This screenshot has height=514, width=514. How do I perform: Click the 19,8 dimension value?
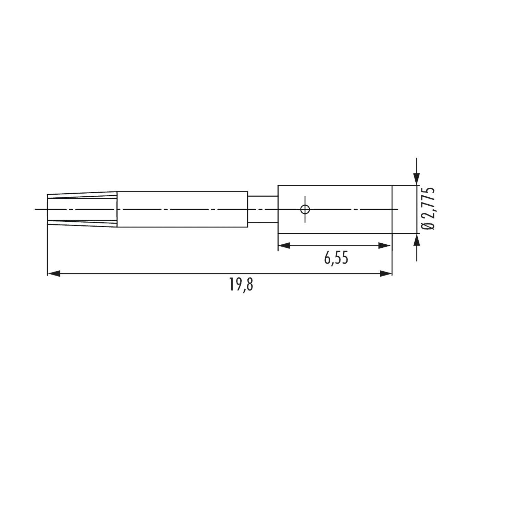[241, 284]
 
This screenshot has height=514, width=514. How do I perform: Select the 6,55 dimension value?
[336, 258]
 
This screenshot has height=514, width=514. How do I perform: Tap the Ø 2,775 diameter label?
[428, 209]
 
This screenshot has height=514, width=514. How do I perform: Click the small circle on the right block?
[305, 209]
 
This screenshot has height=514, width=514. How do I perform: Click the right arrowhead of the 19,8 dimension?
[385, 273]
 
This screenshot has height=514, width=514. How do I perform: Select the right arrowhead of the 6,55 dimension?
[384, 245]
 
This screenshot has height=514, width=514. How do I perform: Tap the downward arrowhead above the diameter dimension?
[416, 179]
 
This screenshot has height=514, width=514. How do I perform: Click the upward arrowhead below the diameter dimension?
[416, 240]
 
